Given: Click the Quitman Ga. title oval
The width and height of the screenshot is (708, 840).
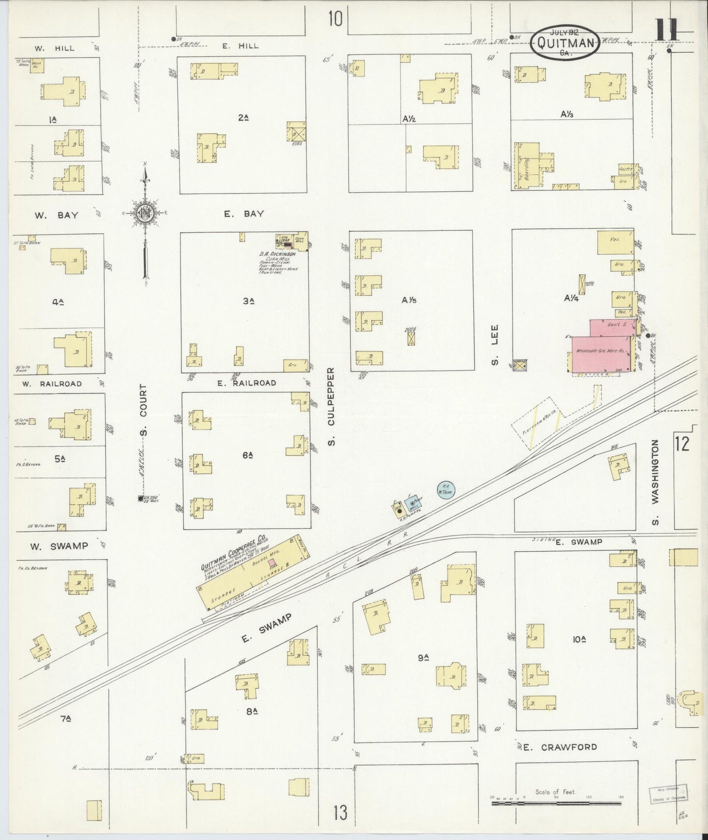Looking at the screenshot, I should (564, 42).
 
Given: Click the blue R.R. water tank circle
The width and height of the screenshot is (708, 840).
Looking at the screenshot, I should (446, 490).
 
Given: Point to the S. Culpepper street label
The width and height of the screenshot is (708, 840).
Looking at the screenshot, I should (332, 406).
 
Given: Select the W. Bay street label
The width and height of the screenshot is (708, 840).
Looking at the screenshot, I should (56, 215).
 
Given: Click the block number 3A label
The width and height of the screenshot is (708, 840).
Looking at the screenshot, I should (247, 301).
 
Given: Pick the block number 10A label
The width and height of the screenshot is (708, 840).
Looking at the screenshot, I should (579, 640).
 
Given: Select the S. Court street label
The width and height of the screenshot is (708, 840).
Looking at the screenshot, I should (144, 410).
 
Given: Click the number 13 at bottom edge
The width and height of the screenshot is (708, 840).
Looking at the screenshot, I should (340, 813).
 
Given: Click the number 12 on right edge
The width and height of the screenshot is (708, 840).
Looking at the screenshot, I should (682, 443).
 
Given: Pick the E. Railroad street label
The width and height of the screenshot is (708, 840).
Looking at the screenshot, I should (247, 383).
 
